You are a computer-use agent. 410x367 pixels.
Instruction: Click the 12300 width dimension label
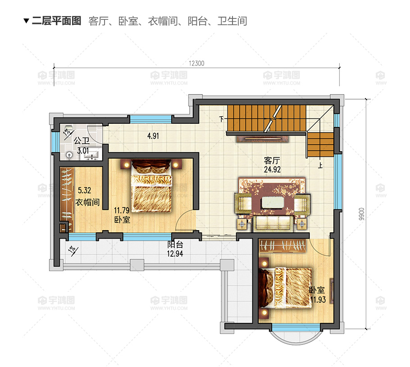(x=196, y=63)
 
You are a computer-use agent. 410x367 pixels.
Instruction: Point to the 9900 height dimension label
(x=361, y=214)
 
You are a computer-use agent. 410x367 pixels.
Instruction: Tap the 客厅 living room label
(x=272, y=160)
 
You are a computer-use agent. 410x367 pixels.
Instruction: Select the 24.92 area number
(x=272, y=169)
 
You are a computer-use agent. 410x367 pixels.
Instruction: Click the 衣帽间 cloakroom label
(x=87, y=202)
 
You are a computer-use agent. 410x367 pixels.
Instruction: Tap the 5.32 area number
(x=84, y=190)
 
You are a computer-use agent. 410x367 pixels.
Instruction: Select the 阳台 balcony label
(x=175, y=245)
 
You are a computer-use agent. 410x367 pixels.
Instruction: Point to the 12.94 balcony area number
(x=175, y=253)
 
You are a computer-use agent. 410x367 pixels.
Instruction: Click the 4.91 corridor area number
(x=153, y=136)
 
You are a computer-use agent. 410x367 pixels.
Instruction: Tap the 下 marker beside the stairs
(x=222, y=119)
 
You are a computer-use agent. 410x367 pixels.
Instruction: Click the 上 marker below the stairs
(x=320, y=165)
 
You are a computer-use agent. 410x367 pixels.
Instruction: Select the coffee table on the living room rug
(x=273, y=202)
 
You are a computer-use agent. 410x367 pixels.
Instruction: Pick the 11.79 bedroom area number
(x=122, y=210)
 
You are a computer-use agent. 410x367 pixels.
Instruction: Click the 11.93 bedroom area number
(x=318, y=299)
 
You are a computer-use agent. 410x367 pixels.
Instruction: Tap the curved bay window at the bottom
(x=295, y=340)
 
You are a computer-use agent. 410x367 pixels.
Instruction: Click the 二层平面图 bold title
(x=56, y=21)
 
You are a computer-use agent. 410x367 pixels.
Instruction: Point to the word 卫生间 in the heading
(x=232, y=21)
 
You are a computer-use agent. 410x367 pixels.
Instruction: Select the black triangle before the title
(x=26, y=21)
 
